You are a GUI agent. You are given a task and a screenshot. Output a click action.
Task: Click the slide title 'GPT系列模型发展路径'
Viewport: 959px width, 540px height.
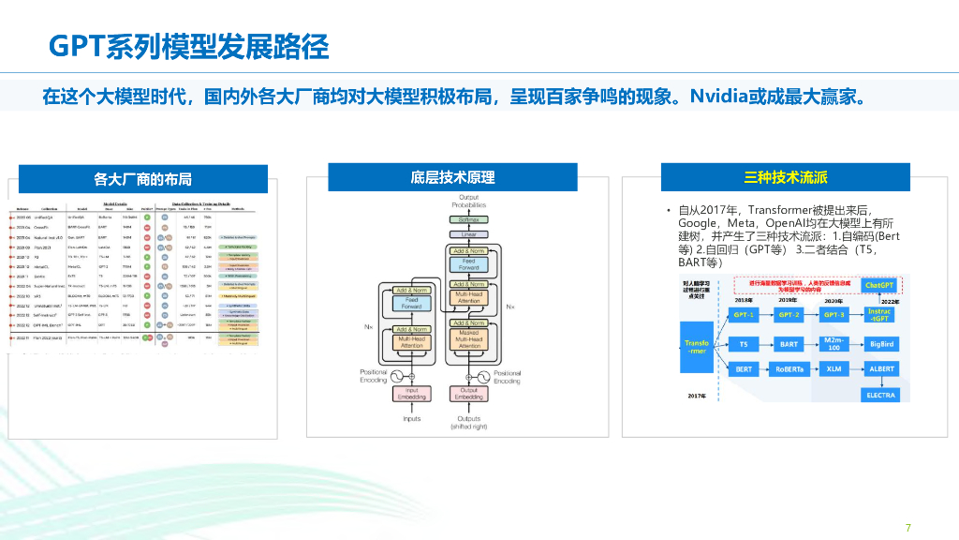(188, 45)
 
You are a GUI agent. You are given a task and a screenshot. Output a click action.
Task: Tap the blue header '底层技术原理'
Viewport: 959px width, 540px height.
(452, 176)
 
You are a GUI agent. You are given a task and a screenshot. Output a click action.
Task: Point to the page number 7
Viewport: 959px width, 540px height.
(907, 526)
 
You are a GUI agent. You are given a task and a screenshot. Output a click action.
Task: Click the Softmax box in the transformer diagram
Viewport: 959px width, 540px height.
(468, 218)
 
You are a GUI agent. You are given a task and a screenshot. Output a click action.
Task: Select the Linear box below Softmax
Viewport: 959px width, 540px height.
(468, 234)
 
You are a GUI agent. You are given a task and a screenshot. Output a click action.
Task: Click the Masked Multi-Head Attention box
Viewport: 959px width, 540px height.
(468, 339)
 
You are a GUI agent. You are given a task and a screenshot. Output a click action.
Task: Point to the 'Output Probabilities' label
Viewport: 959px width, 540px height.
(468, 201)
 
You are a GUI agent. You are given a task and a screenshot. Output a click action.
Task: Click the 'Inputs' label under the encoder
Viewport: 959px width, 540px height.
(412, 419)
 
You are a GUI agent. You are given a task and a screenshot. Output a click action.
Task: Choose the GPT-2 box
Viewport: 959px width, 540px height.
(789, 315)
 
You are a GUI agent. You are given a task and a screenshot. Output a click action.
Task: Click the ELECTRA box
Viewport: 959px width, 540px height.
(879, 395)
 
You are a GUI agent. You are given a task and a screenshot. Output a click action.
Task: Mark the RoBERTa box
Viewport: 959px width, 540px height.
(789, 369)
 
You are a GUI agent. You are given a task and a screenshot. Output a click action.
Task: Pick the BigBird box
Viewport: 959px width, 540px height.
(879, 344)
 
